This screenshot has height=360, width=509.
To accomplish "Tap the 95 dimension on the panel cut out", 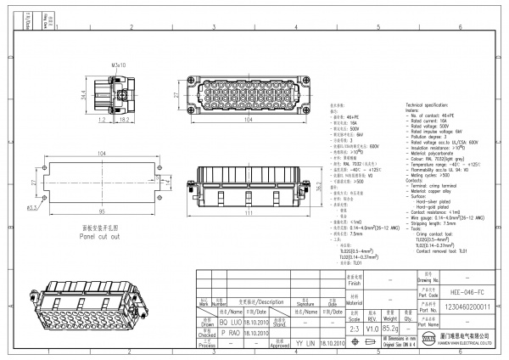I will [x=102, y=211].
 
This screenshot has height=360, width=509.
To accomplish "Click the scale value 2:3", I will [x=354, y=326].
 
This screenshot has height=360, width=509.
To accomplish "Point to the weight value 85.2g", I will [x=391, y=326].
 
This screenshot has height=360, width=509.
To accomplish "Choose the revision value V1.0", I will [x=372, y=326].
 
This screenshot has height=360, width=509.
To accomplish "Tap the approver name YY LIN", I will [x=303, y=344].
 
